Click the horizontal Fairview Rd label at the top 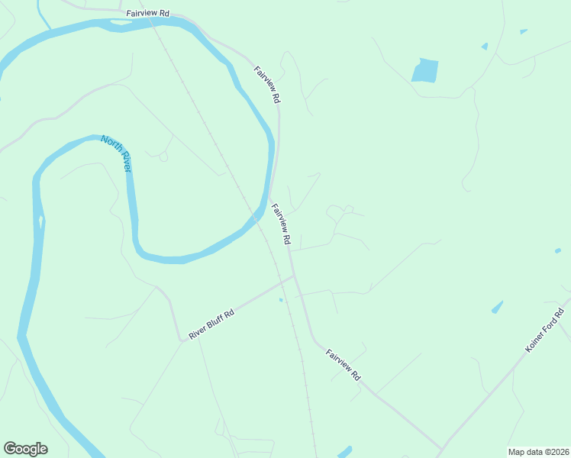147,15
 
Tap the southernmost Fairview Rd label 343,366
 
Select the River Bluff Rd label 211,324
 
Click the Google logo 26,449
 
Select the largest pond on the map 425,70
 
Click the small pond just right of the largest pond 485,47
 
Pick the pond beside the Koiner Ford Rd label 498,307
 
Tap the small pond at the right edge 558,250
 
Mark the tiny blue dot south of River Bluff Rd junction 281,300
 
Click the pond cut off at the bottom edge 344,452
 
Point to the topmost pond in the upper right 523,31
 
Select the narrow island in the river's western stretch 40,222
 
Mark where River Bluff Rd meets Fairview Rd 294,277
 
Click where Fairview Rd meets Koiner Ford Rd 442,450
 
